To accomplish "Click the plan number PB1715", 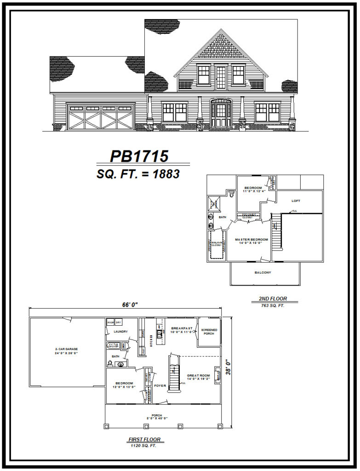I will coord(139,156).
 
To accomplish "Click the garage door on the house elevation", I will coord(100,117).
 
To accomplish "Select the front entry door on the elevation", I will coord(221,114).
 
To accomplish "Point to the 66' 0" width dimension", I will coord(130,304).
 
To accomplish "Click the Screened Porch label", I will coord(209,332).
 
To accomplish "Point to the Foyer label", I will coord(160,385).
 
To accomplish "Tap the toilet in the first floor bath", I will coord(110,363).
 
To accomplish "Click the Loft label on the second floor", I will coord(297,201).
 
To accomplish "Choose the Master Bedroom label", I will coord(248,241).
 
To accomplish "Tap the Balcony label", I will coord(263,273).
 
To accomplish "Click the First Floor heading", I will coord(145,439).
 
